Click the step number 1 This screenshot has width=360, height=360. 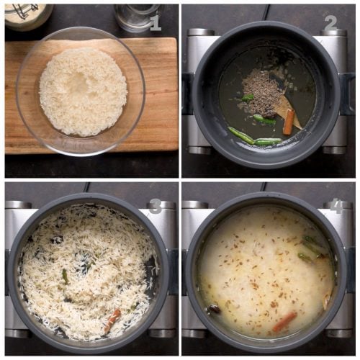pyautogui.click(x=156, y=24)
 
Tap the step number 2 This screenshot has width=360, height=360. pyautogui.click(x=330, y=23)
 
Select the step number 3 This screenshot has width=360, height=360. pyautogui.click(x=155, y=206)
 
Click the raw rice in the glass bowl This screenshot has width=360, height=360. pyautogui.click(x=82, y=91)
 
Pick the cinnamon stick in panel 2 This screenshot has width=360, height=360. pyautogui.click(x=289, y=122)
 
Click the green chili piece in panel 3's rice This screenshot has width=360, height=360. pyautogui.click(x=65, y=276)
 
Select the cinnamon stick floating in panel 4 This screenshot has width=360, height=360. pyautogui.click(x=284, y=321)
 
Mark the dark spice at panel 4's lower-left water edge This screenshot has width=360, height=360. pyautogui.click(x=214, y=309)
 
